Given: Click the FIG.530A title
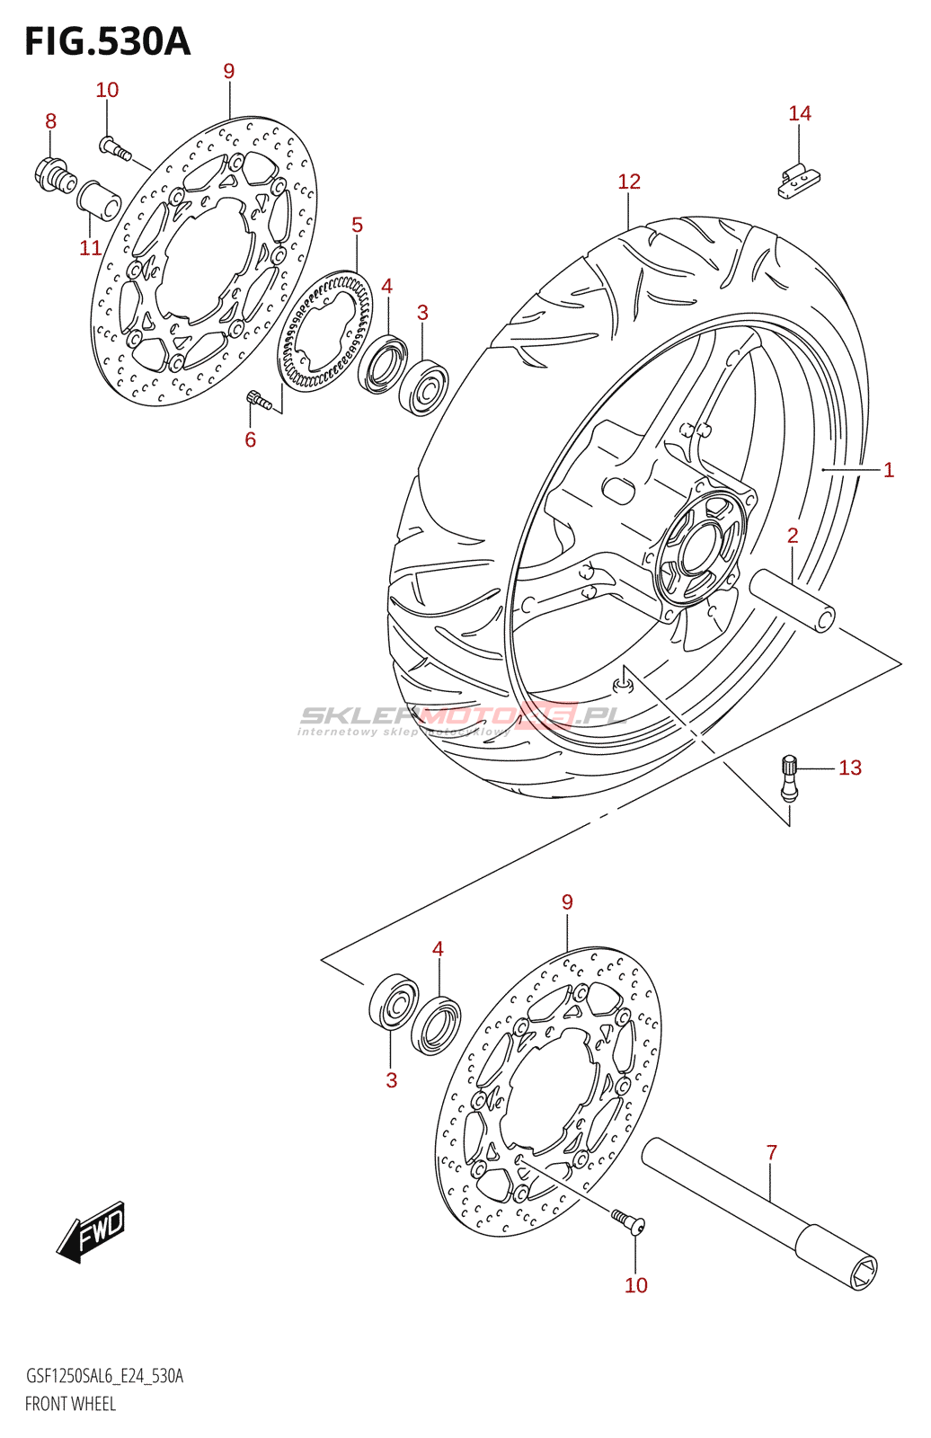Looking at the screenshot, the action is [x=108, y=42].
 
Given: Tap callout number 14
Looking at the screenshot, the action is [x=799, y=113].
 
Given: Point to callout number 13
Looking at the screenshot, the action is [x=849, y=768].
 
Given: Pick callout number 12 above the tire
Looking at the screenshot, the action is [x=628, y=182].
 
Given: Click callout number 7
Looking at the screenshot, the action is [x=771, y=1152].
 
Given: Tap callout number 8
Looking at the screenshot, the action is [x=50, y=121].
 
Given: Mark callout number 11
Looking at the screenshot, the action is [x=90, y=248].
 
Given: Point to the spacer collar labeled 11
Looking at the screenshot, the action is [x=98, y=200].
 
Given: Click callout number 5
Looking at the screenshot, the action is [x=357, y=225].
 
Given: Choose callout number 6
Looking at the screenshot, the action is [x=250, y=439].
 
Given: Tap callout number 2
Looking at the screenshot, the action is [x=792, y=536].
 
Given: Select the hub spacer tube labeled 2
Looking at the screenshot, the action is [x=794, y=599].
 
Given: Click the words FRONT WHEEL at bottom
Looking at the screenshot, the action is [x=70, y=1404].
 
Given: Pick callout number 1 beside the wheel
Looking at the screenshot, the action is [x=888, y=470].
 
